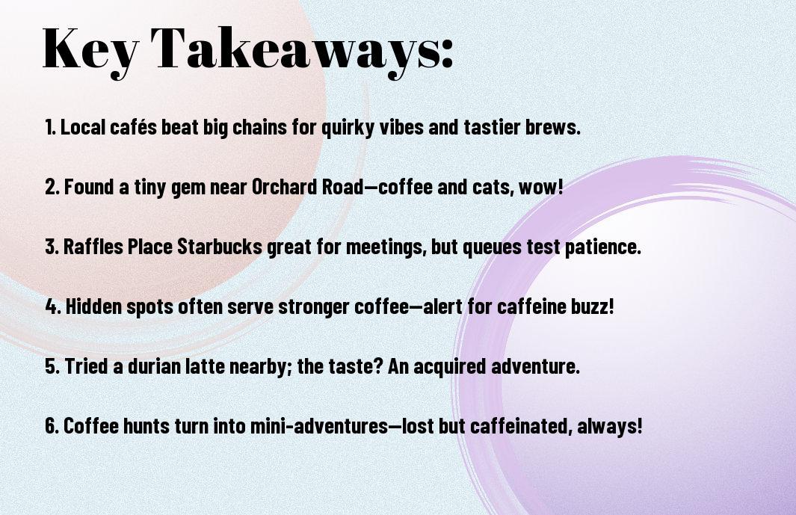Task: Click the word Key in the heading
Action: tap(90, 50)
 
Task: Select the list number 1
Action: tap(50, 127)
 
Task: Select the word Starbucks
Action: tap(219, 247)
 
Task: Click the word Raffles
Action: tap(93, 247)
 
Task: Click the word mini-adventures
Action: tap(319, 425)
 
